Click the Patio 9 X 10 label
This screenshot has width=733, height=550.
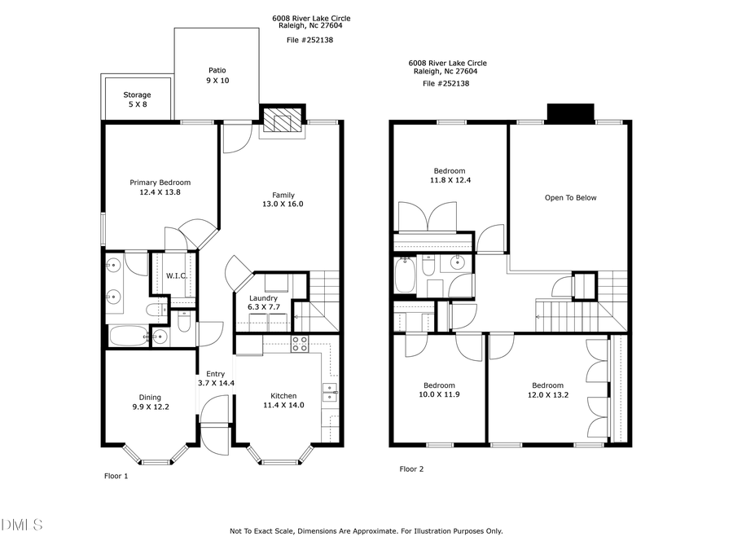217,76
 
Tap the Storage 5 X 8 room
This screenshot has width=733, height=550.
137,100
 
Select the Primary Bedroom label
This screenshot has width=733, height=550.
160,188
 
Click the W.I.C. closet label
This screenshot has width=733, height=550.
177,276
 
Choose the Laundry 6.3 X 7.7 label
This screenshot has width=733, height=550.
263,304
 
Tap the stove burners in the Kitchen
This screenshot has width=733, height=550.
300,344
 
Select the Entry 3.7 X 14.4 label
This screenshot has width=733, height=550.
216,379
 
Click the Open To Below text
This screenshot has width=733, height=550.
571,198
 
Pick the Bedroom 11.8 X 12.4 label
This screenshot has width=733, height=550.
449,176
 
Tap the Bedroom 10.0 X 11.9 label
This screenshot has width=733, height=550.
439,390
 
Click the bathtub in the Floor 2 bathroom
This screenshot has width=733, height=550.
405,275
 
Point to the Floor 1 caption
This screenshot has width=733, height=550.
116,475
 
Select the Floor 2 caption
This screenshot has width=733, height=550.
411,469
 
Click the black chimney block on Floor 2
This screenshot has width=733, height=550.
570,112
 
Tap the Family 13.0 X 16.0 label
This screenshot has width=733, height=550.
283,200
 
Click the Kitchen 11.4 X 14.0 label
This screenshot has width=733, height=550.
283,400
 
